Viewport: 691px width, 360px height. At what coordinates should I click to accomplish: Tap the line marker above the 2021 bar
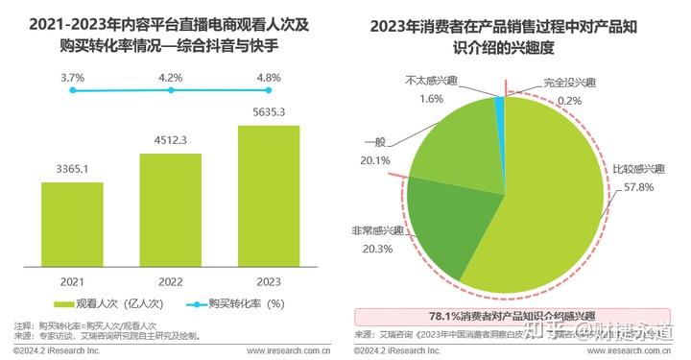tap(74, 91)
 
